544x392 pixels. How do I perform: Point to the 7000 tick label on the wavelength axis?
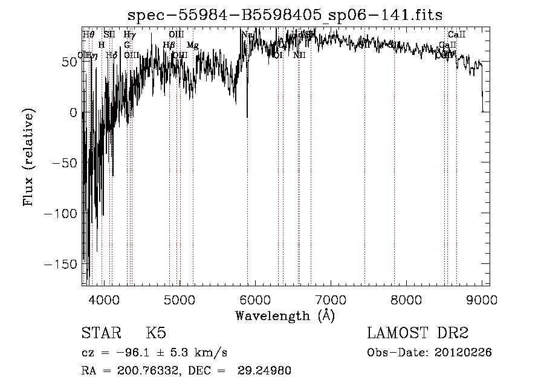pos(331,299)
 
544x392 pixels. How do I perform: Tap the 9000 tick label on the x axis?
pos(482,299)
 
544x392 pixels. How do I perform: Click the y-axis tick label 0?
pos(73,112)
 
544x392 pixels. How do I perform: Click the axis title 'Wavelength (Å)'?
pos(285,315)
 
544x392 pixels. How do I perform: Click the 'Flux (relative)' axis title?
pos(28,157)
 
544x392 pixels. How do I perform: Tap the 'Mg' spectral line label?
pos(192,45)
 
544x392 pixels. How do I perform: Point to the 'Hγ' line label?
pos(129,35)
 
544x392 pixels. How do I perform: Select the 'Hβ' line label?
pos(169,45)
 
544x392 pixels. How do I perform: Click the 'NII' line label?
pos(299,55)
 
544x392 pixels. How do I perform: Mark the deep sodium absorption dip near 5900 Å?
pos(247,115)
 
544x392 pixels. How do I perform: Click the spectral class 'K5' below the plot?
pos(156,333)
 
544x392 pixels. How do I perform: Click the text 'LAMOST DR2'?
pos(418,333)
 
